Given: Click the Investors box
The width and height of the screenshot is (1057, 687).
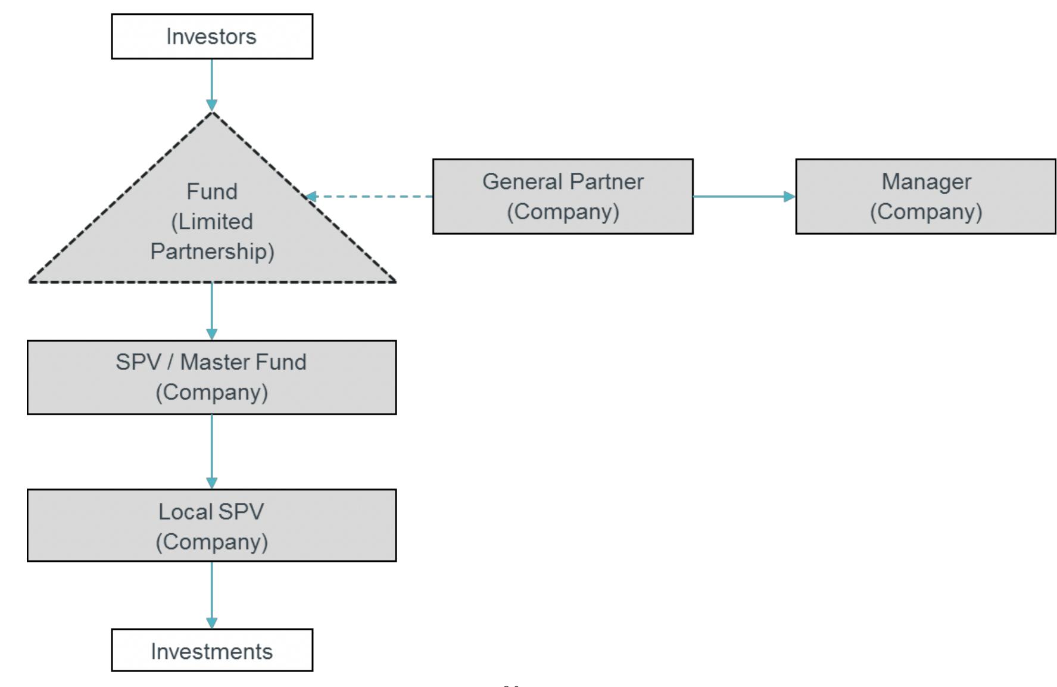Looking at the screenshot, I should click(x=212, y=36).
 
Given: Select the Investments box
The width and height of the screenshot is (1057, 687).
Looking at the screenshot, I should click(x=212, y=650).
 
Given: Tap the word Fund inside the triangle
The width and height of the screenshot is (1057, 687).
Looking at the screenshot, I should click(x=212, y=192).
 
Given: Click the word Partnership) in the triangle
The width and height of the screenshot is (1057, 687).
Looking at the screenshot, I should click(x=212, y=251).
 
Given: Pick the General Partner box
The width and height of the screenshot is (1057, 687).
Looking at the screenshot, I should click(x=563, y=196).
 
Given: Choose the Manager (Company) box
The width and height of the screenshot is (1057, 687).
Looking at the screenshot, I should click(x=925, y=196).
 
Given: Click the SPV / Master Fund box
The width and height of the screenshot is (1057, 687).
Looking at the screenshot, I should click(x=212, y=377).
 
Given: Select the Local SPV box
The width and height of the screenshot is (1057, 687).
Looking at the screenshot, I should click(x=212, y=526).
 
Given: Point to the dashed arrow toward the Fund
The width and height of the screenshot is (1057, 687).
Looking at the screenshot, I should click(x=369, y=196).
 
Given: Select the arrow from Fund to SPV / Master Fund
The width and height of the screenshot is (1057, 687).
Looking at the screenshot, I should click(x=212, y=310).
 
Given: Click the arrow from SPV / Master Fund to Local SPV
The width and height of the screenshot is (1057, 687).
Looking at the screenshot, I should click(x=212, y=451).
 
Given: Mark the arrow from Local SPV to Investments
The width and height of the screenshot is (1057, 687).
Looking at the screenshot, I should click(x=212, y=594).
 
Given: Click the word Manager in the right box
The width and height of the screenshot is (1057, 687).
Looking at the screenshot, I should click(x=926, y=182).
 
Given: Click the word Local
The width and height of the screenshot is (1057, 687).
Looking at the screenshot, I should click(x=185, y=512).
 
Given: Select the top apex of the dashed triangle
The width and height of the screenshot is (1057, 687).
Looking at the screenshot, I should click(x=212, y=113).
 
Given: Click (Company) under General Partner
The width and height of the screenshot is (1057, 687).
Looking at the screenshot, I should click(x=563, y=212).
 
